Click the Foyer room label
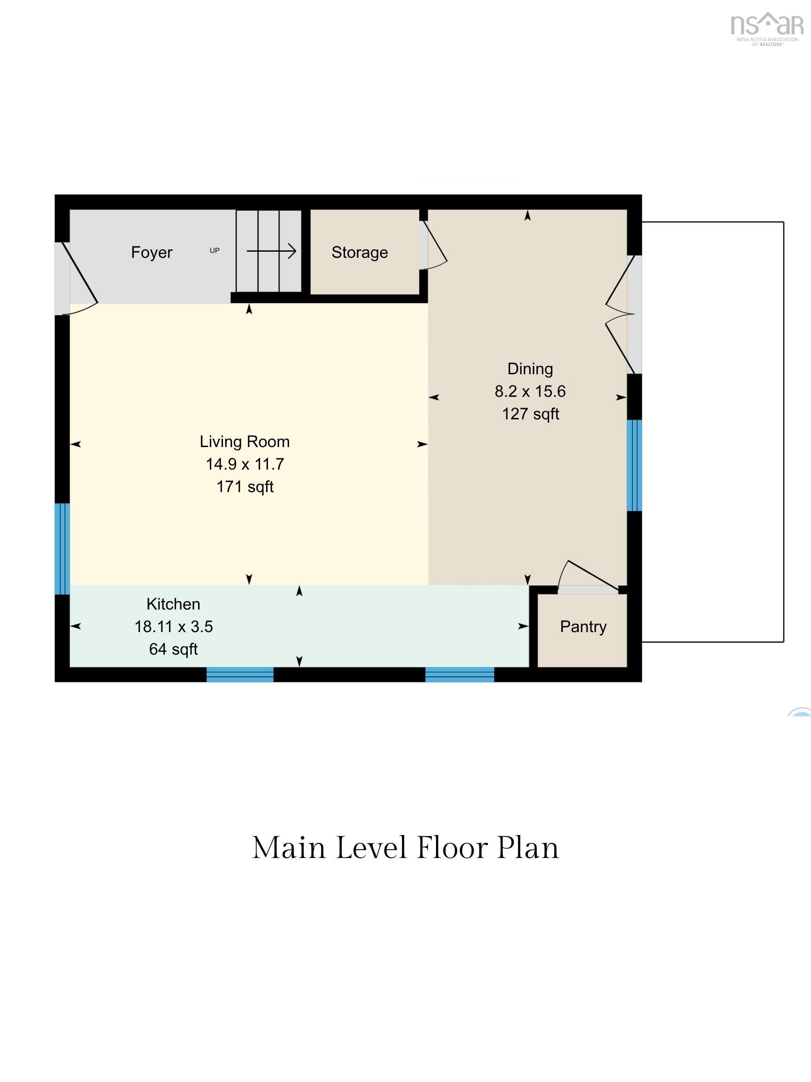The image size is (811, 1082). click(x=152, y=252)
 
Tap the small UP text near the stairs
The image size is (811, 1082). click(x=214, y=250)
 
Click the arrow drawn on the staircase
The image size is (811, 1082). click(x=271, y=251)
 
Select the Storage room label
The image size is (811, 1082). click(x=360, y=252)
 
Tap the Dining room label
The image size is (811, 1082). click(x=530, y=368)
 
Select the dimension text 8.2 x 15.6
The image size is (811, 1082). click(x=530, y=391)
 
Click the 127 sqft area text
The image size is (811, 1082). click(x=530, y=414)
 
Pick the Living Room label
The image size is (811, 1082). click(x=245, y=442)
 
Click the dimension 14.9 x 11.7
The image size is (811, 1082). click(x=245, y=464)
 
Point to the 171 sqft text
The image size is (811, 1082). click(x=245, y=487)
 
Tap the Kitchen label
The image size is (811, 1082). click(x=173, y=604)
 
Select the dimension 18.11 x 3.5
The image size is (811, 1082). click(x=174, y=626)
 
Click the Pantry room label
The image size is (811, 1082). click(x=583, y=626)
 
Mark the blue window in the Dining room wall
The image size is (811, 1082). click(x=634, y=465)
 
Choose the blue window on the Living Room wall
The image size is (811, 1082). click(x=62, y=549)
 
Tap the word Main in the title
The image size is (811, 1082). click(x=289, y=848)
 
